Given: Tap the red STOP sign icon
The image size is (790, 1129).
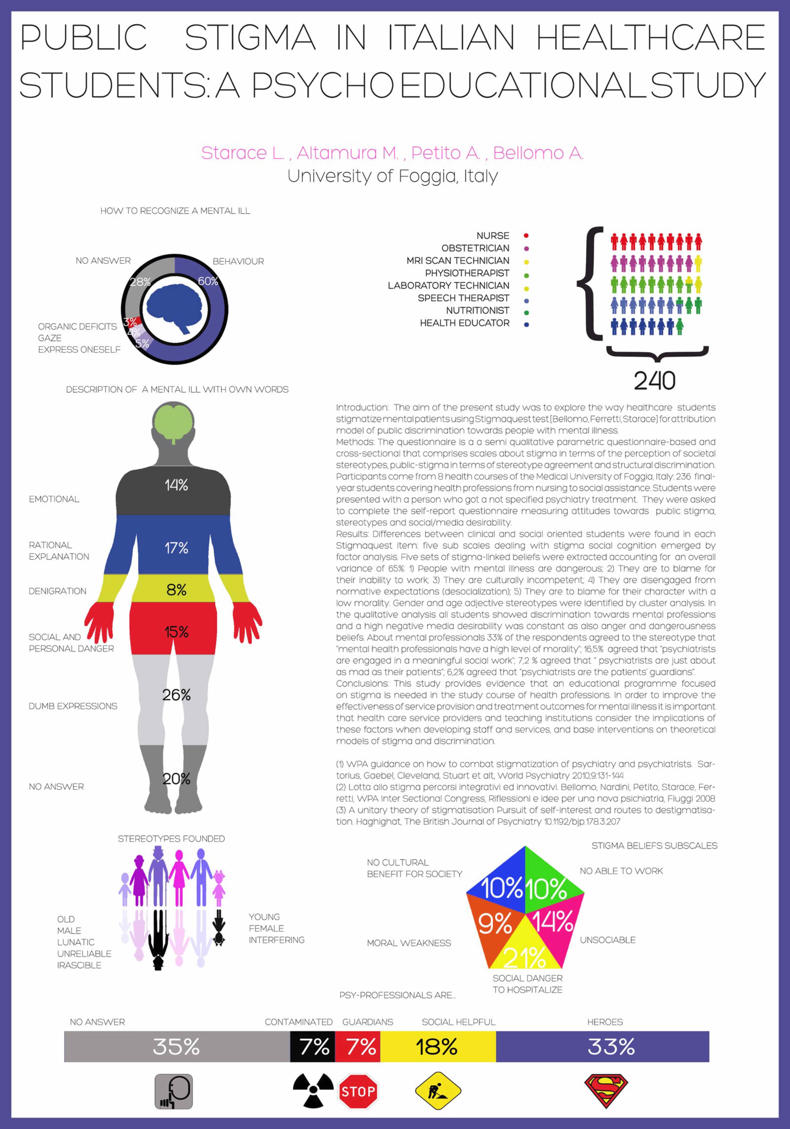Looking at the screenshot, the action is tap(358, 1091).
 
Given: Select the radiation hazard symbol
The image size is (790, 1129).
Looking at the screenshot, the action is tap(313, 1090).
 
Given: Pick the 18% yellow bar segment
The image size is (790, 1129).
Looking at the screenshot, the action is tap(438, 1046).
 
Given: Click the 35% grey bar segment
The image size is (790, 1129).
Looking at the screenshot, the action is tap(177, 1046).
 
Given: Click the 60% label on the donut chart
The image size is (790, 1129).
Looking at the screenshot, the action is tap(208, 281).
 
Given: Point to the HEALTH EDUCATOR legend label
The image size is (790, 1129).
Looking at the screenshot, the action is tap(465, 323).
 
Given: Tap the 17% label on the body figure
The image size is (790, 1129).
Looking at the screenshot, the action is tap(176, 548).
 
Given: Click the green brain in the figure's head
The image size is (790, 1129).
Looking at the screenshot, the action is tap(174, 423).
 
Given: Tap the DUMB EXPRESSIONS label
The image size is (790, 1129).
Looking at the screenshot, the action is tap(73, 706).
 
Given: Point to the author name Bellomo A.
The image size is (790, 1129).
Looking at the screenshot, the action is tap(538, 153).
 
